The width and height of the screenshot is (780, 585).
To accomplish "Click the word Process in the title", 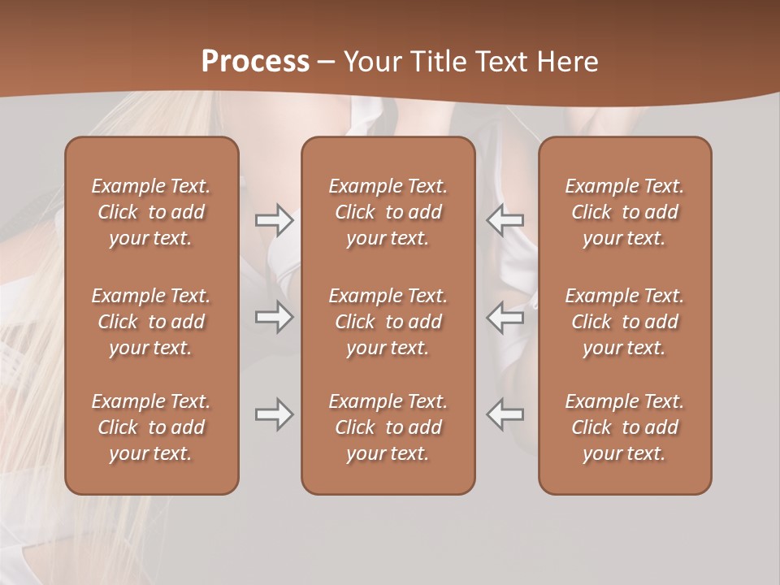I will (x=255, y=62).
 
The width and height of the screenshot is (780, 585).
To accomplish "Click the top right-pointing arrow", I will (x=274, y=220).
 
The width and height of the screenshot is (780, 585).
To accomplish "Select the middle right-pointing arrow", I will (x=274, y=317).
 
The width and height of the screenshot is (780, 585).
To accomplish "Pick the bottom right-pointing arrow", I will (x=274, y=414).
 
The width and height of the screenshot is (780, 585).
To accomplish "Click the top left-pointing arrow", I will (x=505, y=220).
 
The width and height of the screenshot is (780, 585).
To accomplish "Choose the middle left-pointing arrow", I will (x=505, y=317).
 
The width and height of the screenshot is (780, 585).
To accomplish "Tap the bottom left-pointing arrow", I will (x=505, y=414).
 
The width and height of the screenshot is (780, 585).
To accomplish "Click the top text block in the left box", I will (x=151, y=212).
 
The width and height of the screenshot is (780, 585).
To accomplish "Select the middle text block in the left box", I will (x=151, y=322).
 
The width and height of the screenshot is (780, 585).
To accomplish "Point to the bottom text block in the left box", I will (x=151, y=427).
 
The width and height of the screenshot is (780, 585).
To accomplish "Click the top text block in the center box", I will (x=388, y=212).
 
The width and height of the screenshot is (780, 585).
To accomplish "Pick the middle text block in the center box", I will (x=388, y=322).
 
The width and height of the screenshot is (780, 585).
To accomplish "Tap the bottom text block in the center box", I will (x=388, y=427).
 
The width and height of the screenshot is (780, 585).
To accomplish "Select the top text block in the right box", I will (x=625, y=212).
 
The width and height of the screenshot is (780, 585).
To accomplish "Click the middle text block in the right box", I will (x=625, y=322).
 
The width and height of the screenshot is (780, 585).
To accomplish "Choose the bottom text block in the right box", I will (x=625, y=427).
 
